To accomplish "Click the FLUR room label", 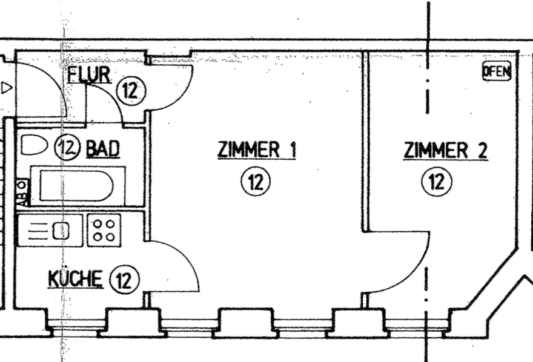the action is (x=89, y=76).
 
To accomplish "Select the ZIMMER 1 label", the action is (x=257, y=150).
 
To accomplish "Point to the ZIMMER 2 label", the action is (x=445, y=150).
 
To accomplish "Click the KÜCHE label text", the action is (x=75, y=280).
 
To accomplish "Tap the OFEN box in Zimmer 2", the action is (x=497, y=71).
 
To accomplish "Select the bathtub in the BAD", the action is (x=76, y=185).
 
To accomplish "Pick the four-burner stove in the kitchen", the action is (x=104, y=230).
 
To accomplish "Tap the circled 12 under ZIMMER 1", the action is (x=256, y=182).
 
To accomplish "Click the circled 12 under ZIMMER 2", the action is (x=437, y=182).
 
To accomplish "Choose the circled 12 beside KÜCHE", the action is (x=124, y=280).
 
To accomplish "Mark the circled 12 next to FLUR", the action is (x=131, y=91).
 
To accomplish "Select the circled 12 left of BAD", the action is (x=67, y=147).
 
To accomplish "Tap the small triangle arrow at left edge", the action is (x=7, y=88).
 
